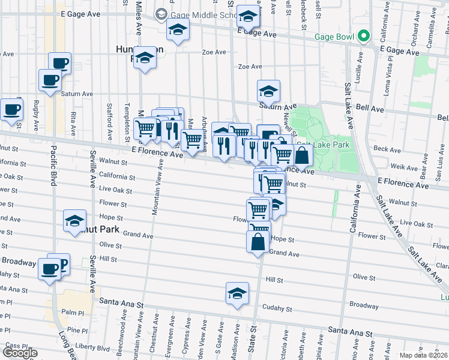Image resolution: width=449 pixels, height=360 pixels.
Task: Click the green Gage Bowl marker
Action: tap(363, 36)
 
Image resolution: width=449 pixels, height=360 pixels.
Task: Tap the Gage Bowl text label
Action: tap(334, 36)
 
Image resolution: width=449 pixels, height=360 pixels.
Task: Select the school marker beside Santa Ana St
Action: tap(237, 294)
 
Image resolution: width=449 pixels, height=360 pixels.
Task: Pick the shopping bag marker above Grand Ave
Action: tap(258, 242)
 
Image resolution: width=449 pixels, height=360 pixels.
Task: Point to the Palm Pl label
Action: tap(76, 313)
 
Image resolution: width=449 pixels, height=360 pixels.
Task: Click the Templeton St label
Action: tap(127, 120)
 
